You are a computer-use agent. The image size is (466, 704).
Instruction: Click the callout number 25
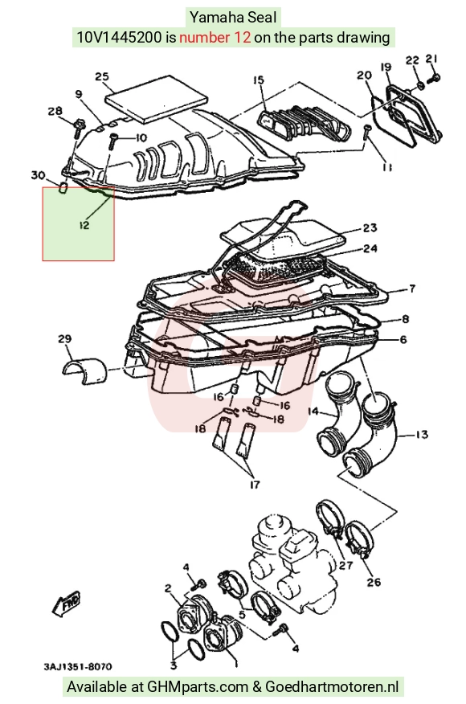pyautogui.click(x=102, y=76)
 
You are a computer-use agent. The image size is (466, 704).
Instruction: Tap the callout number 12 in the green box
pyautogui.click(x=84, y=224)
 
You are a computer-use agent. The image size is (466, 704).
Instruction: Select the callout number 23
pyautogui.click(x=370, y=228)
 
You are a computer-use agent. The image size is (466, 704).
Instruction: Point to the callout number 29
pyautogui.click(x=64, y=338)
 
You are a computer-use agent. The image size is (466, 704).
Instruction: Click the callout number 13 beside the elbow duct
pyautogui.click(x=422, y=435)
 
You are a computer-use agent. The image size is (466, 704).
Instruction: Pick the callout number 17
pyautogui.click(x=255, y=485)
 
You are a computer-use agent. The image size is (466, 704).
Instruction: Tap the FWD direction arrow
pyautogui.click(x=67, y=604)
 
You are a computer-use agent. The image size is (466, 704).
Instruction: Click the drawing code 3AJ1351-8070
pyautogui.click(x=77, y=666)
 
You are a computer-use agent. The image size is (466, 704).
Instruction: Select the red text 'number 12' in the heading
pyautogui.click(x=215, y=37)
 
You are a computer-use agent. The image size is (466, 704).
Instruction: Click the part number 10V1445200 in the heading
pyautogui.click(x=119, y=37)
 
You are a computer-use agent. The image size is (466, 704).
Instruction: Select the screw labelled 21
pyautogui.click(x=434, y=78)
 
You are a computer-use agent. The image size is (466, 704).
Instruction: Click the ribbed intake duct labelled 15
pyautogui.click(x=305, y=121)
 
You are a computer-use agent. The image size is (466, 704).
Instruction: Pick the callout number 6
pyautogui.click(x=403, y=340)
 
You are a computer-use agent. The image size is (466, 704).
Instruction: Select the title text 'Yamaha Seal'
pyautogui.click(x=233, y=18)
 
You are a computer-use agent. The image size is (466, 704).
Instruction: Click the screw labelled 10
pyautogui.click(x=112, y=141)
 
